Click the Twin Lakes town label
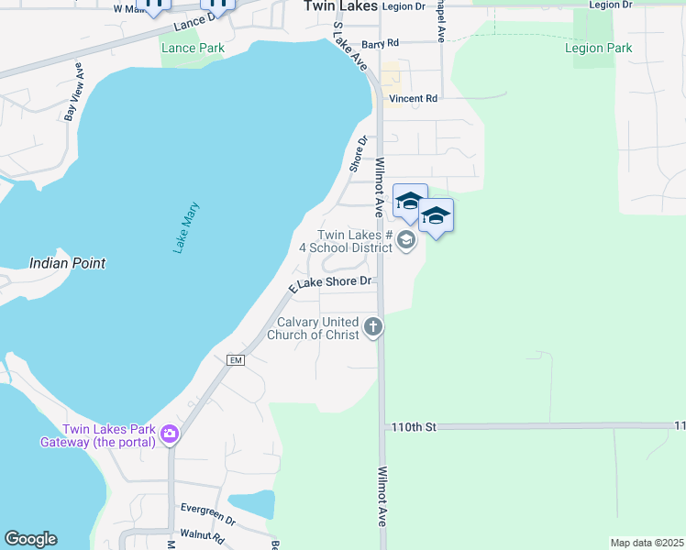[x=340, y=5]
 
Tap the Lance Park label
[x=192, y=48]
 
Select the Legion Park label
[x=598, y=48]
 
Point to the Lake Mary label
[x=186, y=227]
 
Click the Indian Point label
[x=67, y=263]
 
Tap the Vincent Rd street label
[x=413, y=98]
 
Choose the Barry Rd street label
[x=380, y=43]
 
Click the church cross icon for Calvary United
[x=373, y=325]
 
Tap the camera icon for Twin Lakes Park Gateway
[x=169, y=434]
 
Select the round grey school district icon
[x=406, y=241]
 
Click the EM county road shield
[x=235, y=360]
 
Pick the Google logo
[x=30, y=539]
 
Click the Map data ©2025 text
[x=647, y=543]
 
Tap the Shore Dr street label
[x=358, y=153]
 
